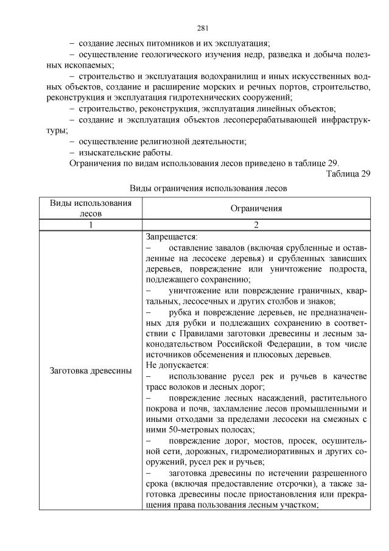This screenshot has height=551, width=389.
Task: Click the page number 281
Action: [203, 27]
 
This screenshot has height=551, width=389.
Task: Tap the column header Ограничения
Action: [256, 208]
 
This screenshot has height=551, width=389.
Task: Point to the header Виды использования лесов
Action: [90, 208]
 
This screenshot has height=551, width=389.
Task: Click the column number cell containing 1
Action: [90, 225]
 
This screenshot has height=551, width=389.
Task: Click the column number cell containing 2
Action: [256, 225]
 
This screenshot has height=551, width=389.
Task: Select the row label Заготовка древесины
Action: [90, 371]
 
